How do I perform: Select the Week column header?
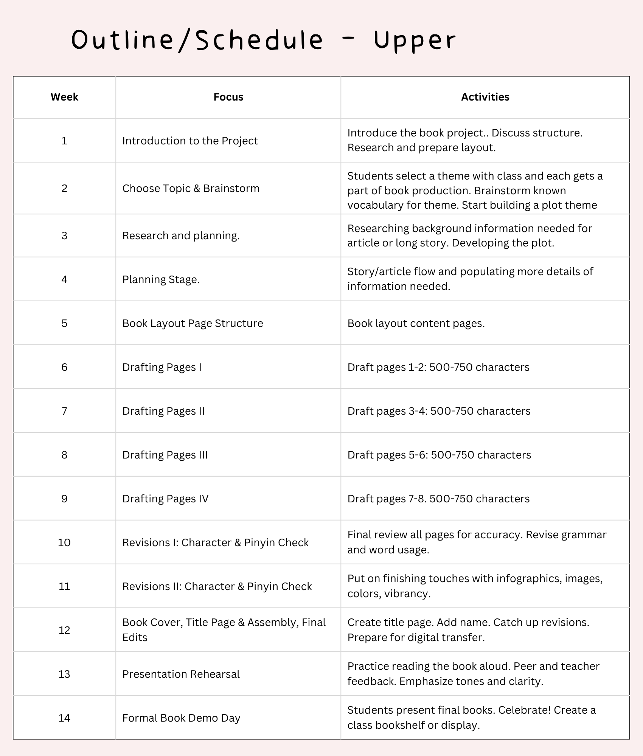click(64, 97)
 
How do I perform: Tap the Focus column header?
click(228, 97)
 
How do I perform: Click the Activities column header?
click(485, 97)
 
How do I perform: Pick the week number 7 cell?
click(64, 411)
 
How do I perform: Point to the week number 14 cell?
click(64, 718)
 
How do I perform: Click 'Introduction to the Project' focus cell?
click(190, 141)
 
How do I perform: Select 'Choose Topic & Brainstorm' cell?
click(191, 188)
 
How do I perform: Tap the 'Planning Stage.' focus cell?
click(161, 279)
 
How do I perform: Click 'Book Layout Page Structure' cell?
click(193, 323)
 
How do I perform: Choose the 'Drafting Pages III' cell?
click(165, 455)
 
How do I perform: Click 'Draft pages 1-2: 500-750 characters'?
click(438, 367)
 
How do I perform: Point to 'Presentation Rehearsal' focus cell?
click(181, 674)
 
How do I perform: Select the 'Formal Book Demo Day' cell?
click(181, 718)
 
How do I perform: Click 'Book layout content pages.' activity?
click(416, 323)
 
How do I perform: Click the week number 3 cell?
click(64, 235)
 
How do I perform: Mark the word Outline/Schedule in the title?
click(197, 40)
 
